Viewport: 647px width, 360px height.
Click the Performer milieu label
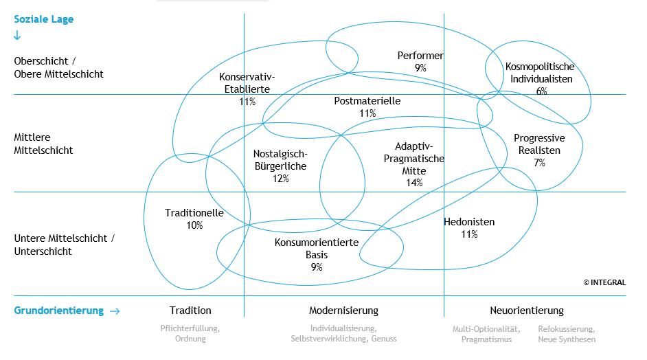point(420,56)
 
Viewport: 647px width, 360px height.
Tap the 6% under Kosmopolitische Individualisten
point(541,91)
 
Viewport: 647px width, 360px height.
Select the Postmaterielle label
point(367,101)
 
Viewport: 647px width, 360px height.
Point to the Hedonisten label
point(469,222)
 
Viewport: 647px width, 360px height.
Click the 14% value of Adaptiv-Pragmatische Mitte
point(414,183)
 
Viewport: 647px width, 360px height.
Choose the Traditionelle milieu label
point(194,213)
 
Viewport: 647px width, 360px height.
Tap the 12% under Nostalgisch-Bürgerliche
point(280,179)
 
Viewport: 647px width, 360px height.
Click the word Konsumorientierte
point(317,242)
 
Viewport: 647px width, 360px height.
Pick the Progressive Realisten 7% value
point(540,163)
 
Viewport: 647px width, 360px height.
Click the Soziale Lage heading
point(43,19)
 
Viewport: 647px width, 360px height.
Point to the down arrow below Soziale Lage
point(17,36)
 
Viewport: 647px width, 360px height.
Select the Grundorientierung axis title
point(58,311)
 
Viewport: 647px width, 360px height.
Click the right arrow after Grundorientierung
point(115,311)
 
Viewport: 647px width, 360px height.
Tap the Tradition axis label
point(190,311)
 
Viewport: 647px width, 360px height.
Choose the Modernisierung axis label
point(343,311)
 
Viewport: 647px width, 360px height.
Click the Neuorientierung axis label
point(526,311)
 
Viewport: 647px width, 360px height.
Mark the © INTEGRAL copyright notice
point(604,282)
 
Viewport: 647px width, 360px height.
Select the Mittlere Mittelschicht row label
point(43,144)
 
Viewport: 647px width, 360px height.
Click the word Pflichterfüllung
point(190,328)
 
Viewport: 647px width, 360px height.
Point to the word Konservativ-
point(247,77)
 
